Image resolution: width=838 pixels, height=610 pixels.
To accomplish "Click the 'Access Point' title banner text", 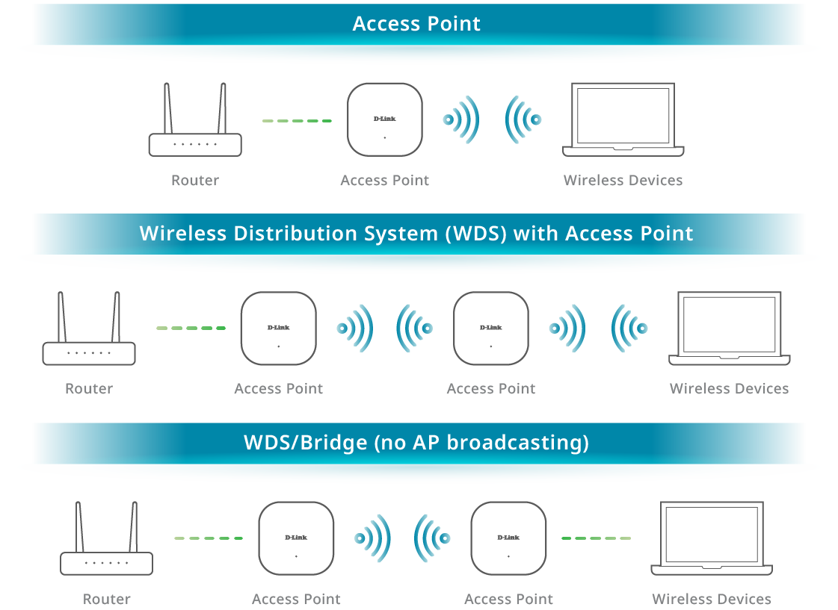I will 416,24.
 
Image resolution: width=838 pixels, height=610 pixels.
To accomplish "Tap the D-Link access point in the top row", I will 385,119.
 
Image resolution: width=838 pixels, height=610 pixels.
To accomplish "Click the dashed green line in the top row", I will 297,120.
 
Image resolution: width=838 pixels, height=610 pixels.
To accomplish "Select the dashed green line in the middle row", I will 191,328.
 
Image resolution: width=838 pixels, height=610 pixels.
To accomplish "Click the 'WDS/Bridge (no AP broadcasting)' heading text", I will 416,443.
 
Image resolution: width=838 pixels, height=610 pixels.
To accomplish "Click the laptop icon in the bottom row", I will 711,538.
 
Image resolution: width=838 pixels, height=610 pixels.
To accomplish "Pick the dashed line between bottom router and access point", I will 209,538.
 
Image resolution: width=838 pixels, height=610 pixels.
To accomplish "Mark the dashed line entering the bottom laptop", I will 596,538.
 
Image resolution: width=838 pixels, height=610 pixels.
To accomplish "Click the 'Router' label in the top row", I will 195,181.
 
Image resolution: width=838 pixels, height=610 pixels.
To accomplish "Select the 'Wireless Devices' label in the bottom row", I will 711,599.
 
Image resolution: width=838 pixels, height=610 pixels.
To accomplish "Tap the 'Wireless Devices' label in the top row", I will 623,181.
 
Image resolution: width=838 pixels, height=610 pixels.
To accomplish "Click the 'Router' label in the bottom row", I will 107,599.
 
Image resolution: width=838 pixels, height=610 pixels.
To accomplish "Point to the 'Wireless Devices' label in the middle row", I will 729,389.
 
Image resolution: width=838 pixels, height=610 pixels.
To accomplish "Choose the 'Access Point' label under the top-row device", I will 385,181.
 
